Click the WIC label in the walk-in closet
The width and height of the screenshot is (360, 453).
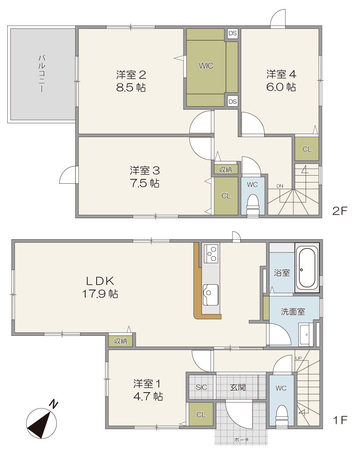206,66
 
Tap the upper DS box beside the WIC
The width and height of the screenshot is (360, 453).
233,33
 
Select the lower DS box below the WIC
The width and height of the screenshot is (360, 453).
233,101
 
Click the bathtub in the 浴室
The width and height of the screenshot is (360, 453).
307,268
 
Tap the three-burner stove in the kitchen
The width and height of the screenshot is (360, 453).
211,253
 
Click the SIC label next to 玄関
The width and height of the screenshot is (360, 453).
201,387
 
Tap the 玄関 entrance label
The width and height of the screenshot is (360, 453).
238,387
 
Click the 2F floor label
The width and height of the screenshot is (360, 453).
339,211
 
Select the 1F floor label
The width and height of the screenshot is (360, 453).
340,420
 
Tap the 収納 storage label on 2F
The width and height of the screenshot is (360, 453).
226,170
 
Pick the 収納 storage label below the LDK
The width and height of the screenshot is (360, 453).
121,341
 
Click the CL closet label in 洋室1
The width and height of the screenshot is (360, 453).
201,414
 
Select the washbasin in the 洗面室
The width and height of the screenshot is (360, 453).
305,335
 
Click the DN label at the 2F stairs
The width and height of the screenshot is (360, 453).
280,186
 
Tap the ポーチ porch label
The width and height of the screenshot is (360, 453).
241,440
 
